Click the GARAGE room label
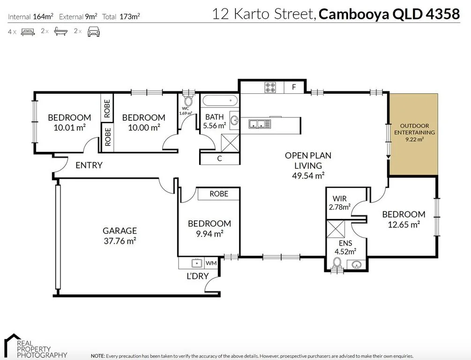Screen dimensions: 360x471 (120, 231)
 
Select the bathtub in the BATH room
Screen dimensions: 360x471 (220, 100)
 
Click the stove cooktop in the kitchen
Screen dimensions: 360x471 (270, 87)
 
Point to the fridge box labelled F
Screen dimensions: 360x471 (294, 87)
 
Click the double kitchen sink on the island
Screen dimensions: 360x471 (260, 124)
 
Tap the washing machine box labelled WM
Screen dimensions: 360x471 (211, 263)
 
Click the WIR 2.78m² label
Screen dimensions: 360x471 (340, 202)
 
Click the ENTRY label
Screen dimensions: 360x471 (89, 165)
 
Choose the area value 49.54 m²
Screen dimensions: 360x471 (308, 176)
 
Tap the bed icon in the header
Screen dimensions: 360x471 (28, 32)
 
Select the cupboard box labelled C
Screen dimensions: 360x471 (219, 158)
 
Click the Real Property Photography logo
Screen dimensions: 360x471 (35, 346)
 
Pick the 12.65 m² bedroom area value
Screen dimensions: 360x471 (404, 225)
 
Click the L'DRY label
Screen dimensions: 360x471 (197, 276)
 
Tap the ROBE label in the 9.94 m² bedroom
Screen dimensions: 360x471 (219, 194)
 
